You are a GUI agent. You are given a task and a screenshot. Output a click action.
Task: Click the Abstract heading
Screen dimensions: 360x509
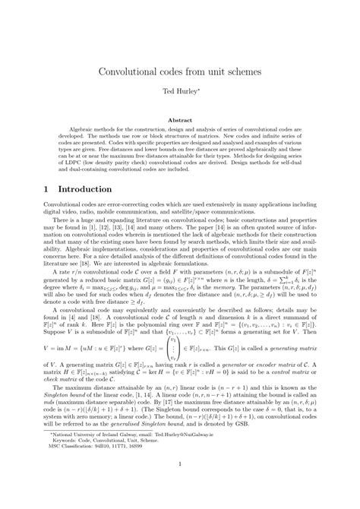(180, 119)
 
